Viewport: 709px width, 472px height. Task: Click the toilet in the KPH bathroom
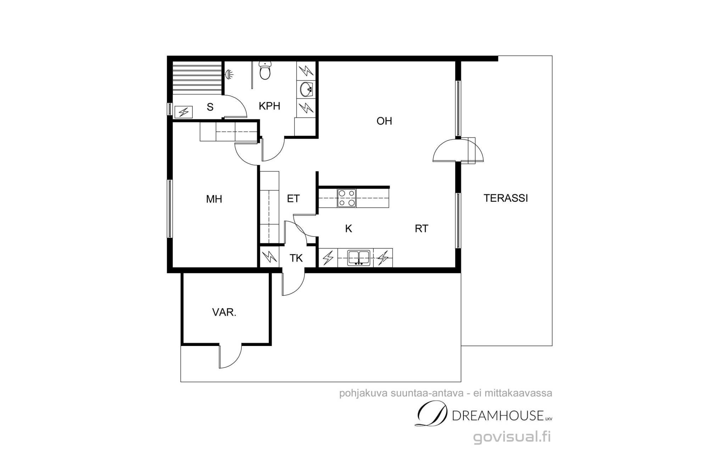click(x=265, y=70)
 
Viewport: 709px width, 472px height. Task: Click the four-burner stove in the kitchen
click(x=346, y=198)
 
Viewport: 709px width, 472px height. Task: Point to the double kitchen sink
click(x=359, y=257)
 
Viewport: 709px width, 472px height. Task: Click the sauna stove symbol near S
click(x=184, y=112)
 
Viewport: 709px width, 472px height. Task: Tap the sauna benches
click(x=197, y=78)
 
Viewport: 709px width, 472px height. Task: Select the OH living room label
click(x=384, y=121)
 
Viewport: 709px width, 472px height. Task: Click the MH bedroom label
click(x=214, y=199)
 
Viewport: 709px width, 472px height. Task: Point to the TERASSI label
click(x=506, y=198)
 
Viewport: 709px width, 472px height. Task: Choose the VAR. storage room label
click(x=224, y=312)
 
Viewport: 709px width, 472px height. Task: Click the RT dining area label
click(x=422, y=229)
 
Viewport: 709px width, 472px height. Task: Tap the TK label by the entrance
click(x=296, y=258)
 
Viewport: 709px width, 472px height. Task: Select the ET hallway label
click(x=293, y=199)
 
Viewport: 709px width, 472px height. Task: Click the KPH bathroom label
click(x=269, y=106)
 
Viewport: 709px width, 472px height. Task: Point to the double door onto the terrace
click(x=458, y=150)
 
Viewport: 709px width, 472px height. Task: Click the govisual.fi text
click(x=512, y=437)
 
